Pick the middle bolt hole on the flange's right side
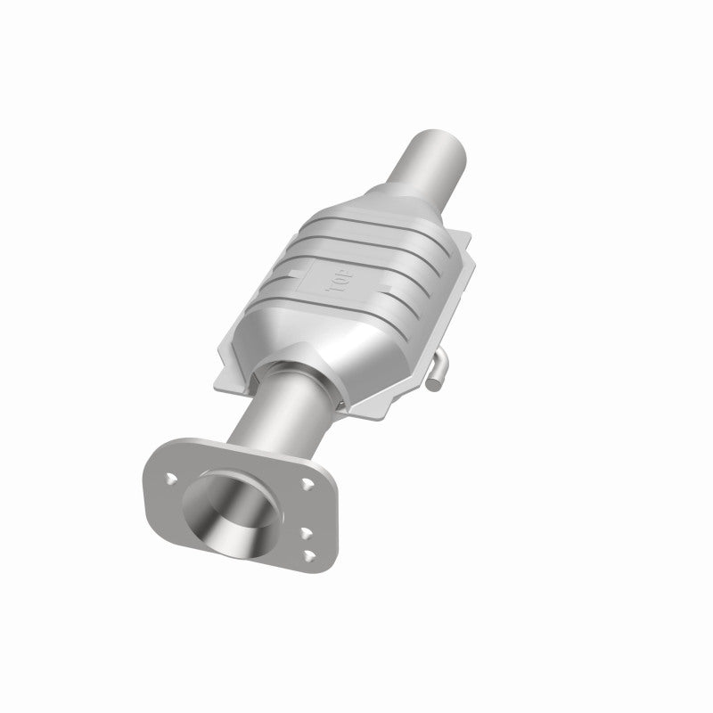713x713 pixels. (304, 533)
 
